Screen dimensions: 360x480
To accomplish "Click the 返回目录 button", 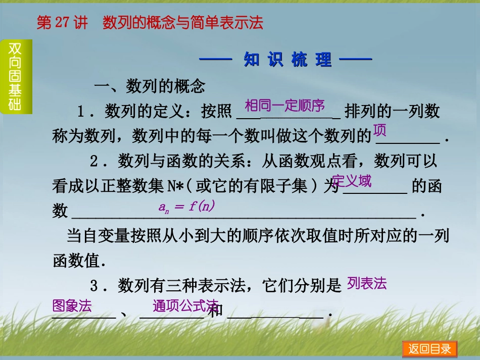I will (x=429, y=349).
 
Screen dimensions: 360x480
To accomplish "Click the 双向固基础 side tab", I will (x=15, y=77).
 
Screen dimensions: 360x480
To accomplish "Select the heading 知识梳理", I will (x=287, y=60).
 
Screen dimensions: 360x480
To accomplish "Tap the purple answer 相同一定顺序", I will (x=284, y=106).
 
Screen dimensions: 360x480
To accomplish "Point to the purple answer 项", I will (x=379, y=130).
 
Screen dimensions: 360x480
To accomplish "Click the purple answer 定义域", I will (x=352, y=181).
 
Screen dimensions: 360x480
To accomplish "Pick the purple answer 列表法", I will (x=367, y=284).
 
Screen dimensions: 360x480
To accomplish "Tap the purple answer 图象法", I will (x=72, y=306).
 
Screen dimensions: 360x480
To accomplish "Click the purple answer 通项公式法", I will (x=185, y=306).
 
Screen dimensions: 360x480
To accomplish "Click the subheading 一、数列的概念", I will (x=150, y=87).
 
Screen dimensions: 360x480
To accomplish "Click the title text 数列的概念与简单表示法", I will (x=183, y=23).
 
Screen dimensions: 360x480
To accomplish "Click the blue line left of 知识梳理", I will (x=216, y=60).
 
